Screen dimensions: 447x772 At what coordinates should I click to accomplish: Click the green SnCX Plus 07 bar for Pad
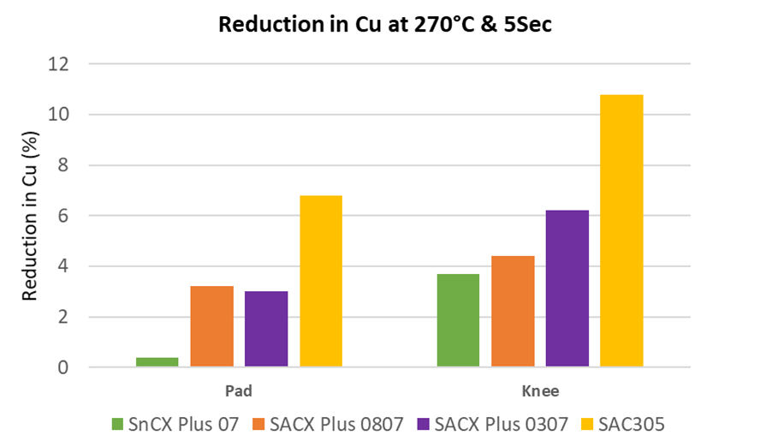click(x=157, y=362)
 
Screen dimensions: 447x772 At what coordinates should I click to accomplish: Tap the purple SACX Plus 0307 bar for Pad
click(x=265, y=330)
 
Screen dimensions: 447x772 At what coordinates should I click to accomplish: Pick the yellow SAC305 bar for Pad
click(x=320, y=282)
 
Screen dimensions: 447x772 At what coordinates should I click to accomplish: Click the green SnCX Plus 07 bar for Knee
click(x=458, y=321)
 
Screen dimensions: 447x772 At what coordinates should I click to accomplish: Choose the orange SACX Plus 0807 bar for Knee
click(x=513, y=312)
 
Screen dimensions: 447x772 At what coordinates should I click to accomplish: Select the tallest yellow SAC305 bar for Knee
click(x=621, y=231)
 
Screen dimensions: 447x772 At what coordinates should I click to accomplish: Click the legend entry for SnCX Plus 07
click(x=175, y=423)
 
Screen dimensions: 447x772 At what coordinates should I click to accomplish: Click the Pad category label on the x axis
click(x=238, y=391)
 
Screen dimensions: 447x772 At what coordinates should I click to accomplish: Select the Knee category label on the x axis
click(x=539, y=391)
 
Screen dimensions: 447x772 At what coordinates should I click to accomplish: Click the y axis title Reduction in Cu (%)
click(x=29, y=216)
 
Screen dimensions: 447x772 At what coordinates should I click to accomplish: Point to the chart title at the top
click(x=385, y=24)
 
